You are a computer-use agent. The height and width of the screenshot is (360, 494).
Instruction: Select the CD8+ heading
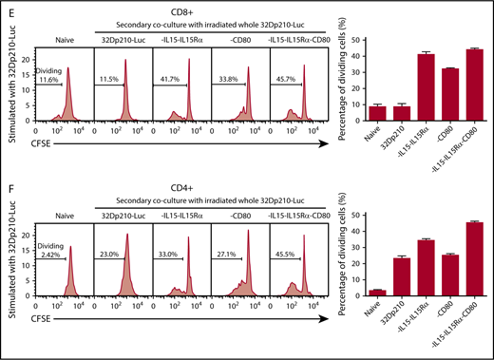(x=190, y=9)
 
